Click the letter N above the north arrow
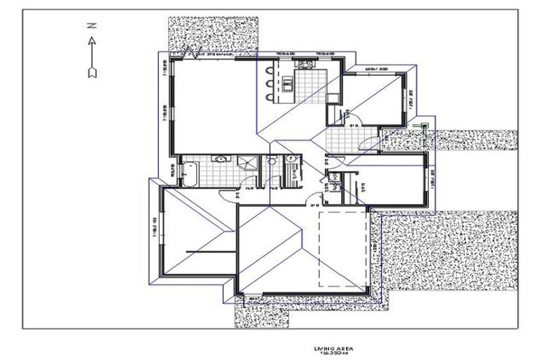[91, 25]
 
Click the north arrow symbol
[91, 56]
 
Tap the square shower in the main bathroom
[247, 164]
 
